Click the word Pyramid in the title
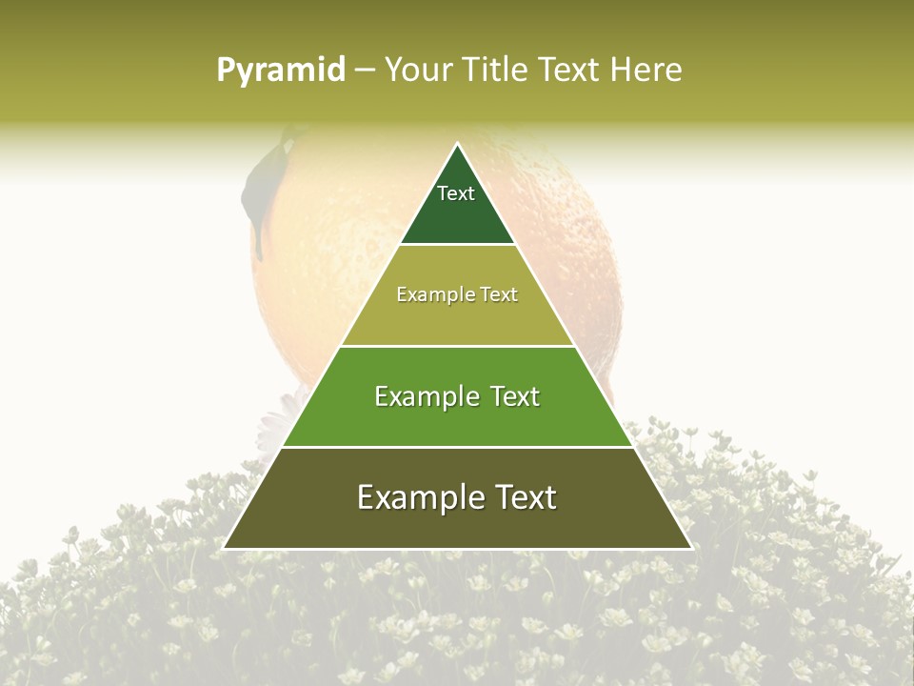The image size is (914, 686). (281, 71)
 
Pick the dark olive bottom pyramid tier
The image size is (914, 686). (457, 524)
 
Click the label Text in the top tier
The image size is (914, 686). (456, 193)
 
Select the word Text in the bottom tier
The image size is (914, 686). (522, 497)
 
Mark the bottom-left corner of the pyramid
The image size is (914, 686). (224, 548)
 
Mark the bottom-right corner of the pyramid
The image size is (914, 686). (691, 548)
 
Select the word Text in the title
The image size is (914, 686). (568, 71)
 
